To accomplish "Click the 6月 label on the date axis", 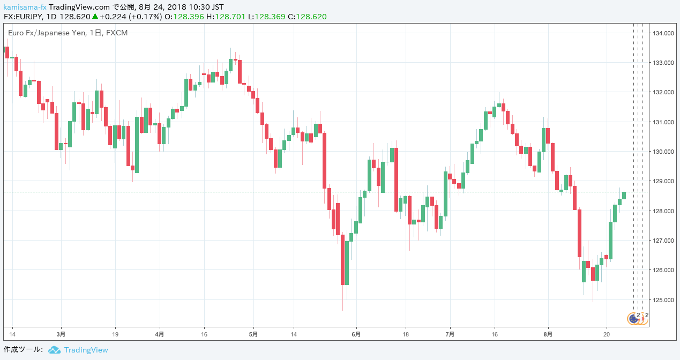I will click(356, 334).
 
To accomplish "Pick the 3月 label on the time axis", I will click(61, 334).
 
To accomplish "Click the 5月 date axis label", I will click(253, 334).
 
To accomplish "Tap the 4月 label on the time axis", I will click(159, 334).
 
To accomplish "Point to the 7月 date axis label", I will click(450, 334).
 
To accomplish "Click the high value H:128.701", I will click(226, 17).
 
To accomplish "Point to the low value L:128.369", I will click(266, 17).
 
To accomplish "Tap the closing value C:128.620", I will click(307, 17).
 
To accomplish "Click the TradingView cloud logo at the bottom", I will click(54, 350).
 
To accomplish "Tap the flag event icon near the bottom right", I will click(634, 319).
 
